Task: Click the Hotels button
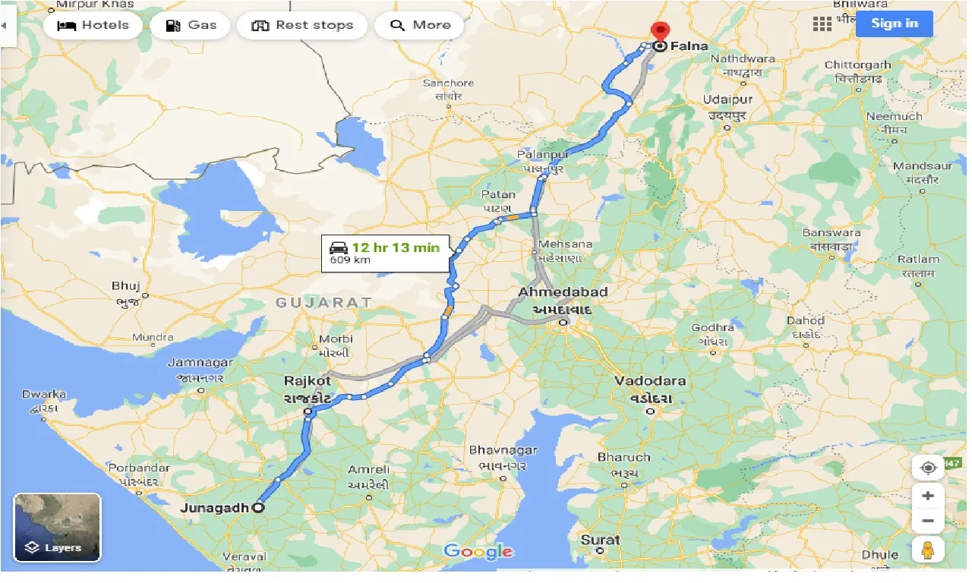click(93, 25)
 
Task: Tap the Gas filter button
click(194, 25)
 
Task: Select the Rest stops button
click(302, 25)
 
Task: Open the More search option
click(420, 25)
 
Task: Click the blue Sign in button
click(894, 24)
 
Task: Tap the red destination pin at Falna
click(660, 33)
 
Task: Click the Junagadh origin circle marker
click(259, 509)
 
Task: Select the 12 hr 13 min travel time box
click(384, 253)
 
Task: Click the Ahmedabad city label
click(563, 292)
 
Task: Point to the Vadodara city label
click(650, 381)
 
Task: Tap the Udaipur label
click(727, 100)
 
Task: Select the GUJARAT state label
click(324, 302)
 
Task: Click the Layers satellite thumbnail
click(57, 527)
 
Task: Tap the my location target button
click(928, 468)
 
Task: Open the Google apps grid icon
click(822, 24)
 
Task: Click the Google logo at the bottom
click(478, 552)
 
